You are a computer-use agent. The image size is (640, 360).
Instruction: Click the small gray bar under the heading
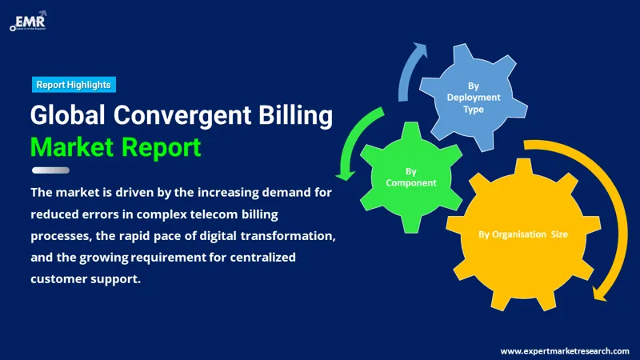tap(50, 170)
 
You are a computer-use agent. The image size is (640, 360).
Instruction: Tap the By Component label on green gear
tap(411, 177)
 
